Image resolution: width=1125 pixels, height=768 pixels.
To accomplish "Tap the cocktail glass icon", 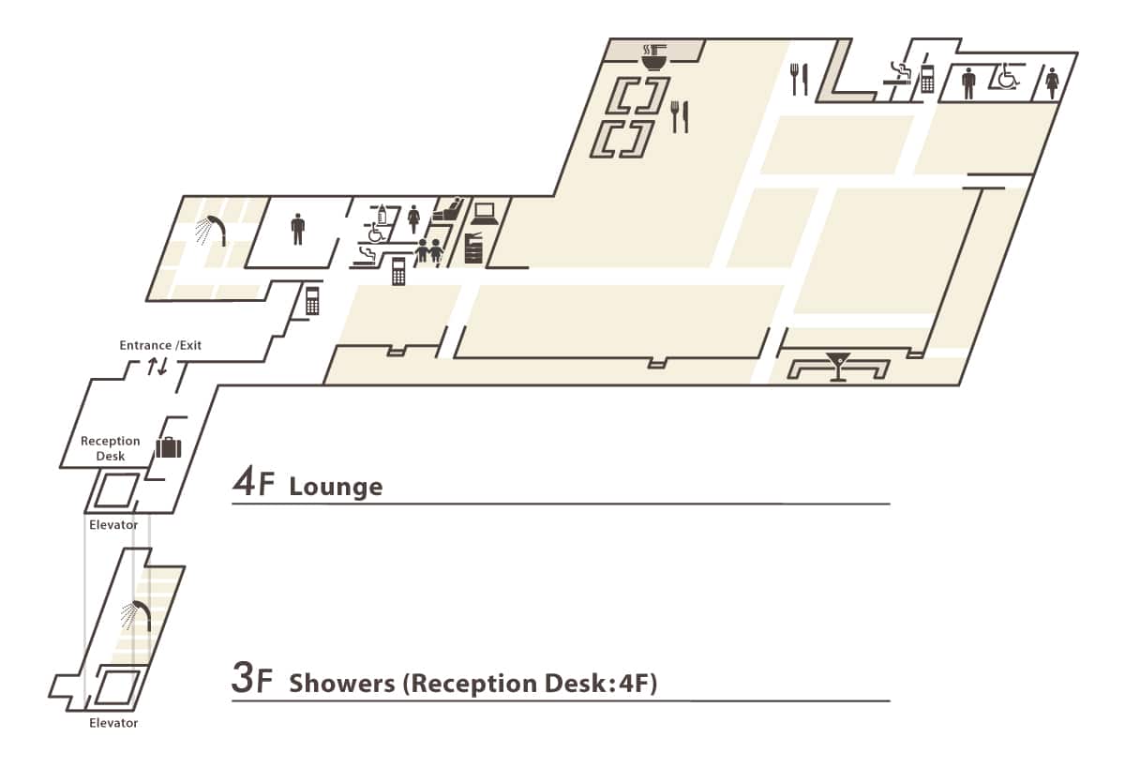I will click(x=837, y=366).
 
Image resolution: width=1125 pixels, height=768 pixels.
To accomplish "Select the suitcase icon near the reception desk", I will click(x=168, y=446).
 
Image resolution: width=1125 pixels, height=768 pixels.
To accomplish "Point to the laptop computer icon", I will click(x=484, y=212).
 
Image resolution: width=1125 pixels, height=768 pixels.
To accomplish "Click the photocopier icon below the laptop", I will click(x=473, y=248).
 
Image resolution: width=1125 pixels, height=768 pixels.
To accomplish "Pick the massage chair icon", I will click(x=448, y=209).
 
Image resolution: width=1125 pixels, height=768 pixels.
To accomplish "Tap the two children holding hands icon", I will click(x=428, y=251).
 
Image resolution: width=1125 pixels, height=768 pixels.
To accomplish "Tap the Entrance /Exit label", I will click(x=160, y=345).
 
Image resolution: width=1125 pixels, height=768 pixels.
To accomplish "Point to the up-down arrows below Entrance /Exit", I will click(x=157, y=366).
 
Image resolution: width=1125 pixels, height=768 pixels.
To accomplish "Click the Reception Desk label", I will click(x=110, y=448).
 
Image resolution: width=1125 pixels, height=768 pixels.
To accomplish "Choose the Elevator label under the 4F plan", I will click(x=113, y=525).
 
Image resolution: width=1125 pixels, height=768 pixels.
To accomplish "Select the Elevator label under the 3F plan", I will click(x=113, y=723).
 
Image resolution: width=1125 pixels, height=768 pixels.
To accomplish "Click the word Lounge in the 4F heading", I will click(x=336, y=487).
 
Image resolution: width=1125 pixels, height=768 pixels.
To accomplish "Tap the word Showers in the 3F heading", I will click(x=342, y=684).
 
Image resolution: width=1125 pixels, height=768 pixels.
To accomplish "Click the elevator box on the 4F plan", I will click(x=117, y=490).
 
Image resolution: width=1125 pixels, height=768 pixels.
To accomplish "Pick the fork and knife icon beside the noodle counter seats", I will click(x=680, y=116).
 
